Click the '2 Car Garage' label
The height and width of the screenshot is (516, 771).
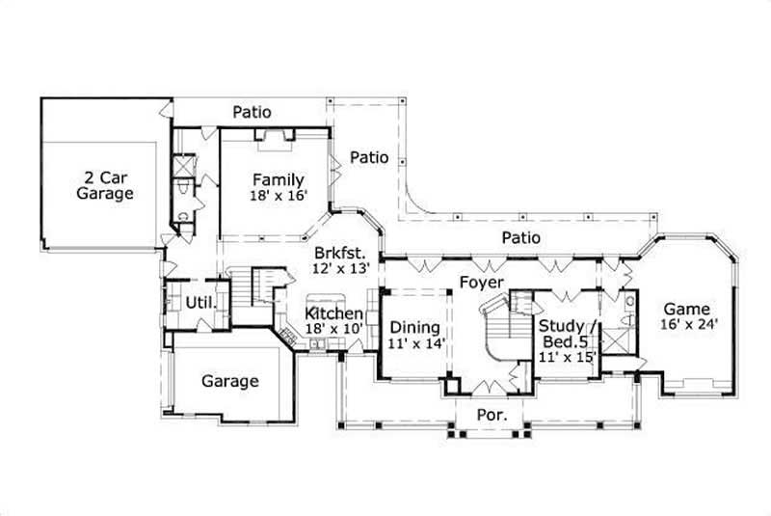pyautogui.click(x=105, y=184)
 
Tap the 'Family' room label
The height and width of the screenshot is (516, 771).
pyautogui.click(x=279, y=179)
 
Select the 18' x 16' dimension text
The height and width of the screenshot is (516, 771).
pyautogui.click(x=279, y=195)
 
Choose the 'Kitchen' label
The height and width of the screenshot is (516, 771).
pyautogui.click(x=334, y=314)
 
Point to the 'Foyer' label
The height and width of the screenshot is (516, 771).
pyautogui.click(x=480, y=283)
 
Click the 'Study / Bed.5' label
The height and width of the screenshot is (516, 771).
pyautogui.click(x=567, y=334)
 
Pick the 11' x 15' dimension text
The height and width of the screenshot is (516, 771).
pyautogui.click(x=567, y=357)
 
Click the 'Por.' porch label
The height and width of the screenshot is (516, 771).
pyautogui.click(x=490, y=416)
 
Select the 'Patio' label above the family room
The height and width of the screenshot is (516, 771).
pyautogui.click(x=252, y=112)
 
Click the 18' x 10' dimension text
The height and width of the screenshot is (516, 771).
pyautogui.click(x=334, y=330)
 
